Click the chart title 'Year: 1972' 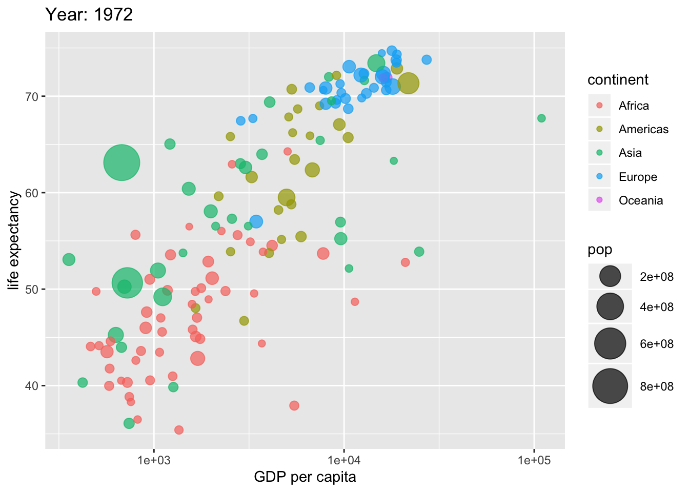pos(89,14)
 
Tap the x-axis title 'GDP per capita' pos(305,477)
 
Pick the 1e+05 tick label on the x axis pos(534,460)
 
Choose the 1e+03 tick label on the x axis pos(153,460)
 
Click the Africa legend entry pos(633,106)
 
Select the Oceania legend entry pos(640,200)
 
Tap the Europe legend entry pos(637,177)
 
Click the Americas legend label pos(643,129)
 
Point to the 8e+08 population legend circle pos(610,386)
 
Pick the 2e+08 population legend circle pos(610,277)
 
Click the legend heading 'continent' pos(618,80)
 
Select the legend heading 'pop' pos(600,250)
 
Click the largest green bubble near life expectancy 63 pos(121,162)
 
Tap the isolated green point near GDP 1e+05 pos(541,118)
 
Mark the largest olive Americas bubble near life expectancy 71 pos(408,83)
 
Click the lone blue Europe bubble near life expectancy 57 pos(256,222)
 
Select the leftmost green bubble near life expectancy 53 pos(69,259)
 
